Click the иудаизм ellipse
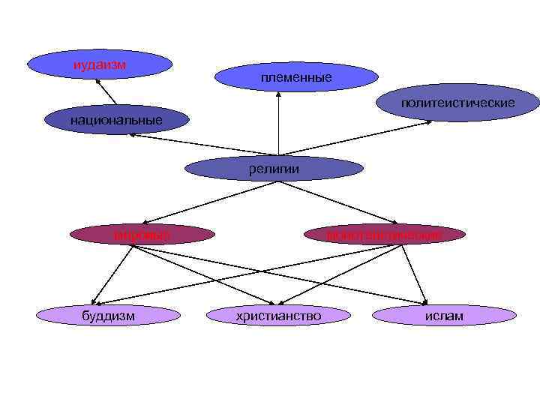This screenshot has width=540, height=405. [x=100, y=64]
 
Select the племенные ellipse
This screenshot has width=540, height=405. [x=296, y=76]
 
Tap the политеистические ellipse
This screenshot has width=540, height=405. [x=457, y=102]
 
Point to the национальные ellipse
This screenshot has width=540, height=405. [x=115, y=119]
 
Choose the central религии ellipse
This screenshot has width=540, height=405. [x=274, y=169]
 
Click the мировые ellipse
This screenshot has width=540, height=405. [x=142, y=235]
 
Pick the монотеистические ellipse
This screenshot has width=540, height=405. [x=385, y=235]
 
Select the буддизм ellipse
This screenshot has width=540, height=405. [x=108, y=316]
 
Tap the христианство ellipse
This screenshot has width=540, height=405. [x=278, y=316]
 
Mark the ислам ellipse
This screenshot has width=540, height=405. [x=444, y=316]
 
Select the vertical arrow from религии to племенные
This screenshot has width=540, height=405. [x=278, y=124]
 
